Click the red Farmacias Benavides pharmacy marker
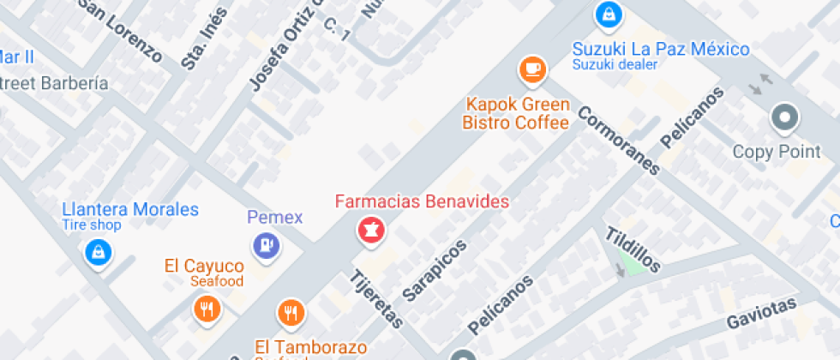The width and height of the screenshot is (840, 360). pyautogui.click(x=370, y=230)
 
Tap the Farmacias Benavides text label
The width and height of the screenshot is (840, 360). pyautogui.click(x=422, y=202)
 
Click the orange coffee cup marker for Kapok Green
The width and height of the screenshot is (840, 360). pyautogui.click(x=532, y=69)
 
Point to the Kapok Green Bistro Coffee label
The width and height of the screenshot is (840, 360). pyautogui.click(x=516, y=114)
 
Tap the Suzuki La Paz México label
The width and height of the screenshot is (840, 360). pyautogui.click(x=661, y=50)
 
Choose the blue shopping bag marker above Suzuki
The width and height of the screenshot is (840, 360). pyautogui.click(x=608, y=15)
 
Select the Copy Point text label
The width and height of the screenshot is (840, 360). pyautogui.click(x=777, y=152)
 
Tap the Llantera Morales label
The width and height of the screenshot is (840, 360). pyautogui.click(x=130, y=210)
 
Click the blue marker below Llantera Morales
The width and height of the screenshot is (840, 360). pyautogui.click(x=99, y=252)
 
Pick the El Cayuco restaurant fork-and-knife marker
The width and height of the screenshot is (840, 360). pyautogui.click(x=207, y=309)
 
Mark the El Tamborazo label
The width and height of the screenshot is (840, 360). pyautogui.click(x=310, y=347)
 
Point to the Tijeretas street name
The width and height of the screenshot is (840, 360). pyautogui.click(x=377, y=300)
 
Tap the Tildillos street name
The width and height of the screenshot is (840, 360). pyautogui.click(x=633, y=249)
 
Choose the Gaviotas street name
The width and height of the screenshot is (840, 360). pyautogui.click(x=761, y=312)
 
